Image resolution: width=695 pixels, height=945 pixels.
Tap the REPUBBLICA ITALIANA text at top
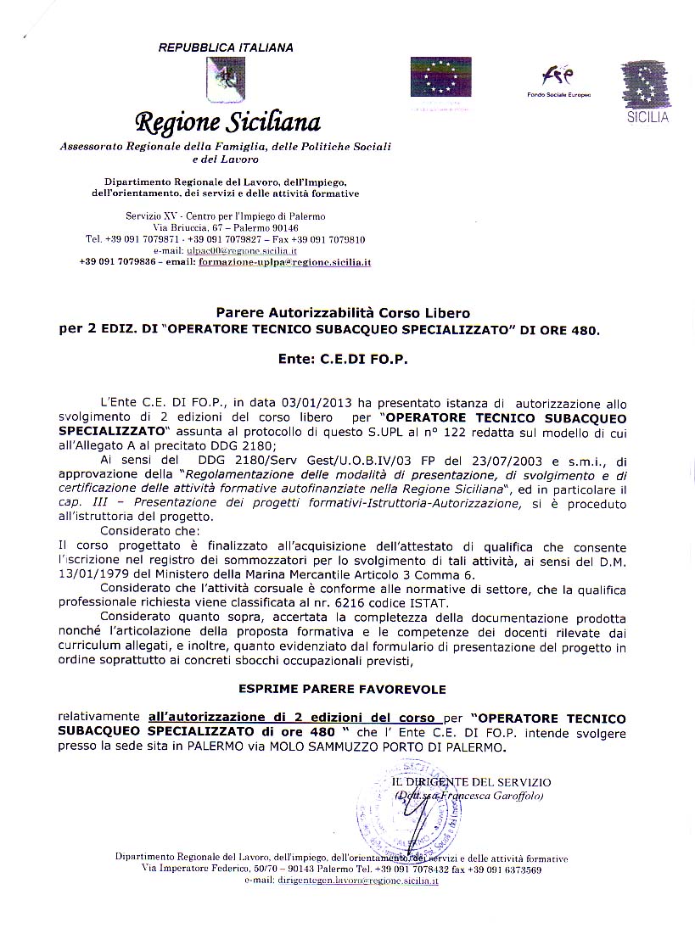coord(226,48)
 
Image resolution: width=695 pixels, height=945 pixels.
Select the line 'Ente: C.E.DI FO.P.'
coord(343,360)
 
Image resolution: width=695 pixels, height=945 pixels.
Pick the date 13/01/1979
coord(88,574)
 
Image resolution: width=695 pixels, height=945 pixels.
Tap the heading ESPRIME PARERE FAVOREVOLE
coord(342,689)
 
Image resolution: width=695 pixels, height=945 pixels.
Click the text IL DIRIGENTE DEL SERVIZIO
coord(471,782)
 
